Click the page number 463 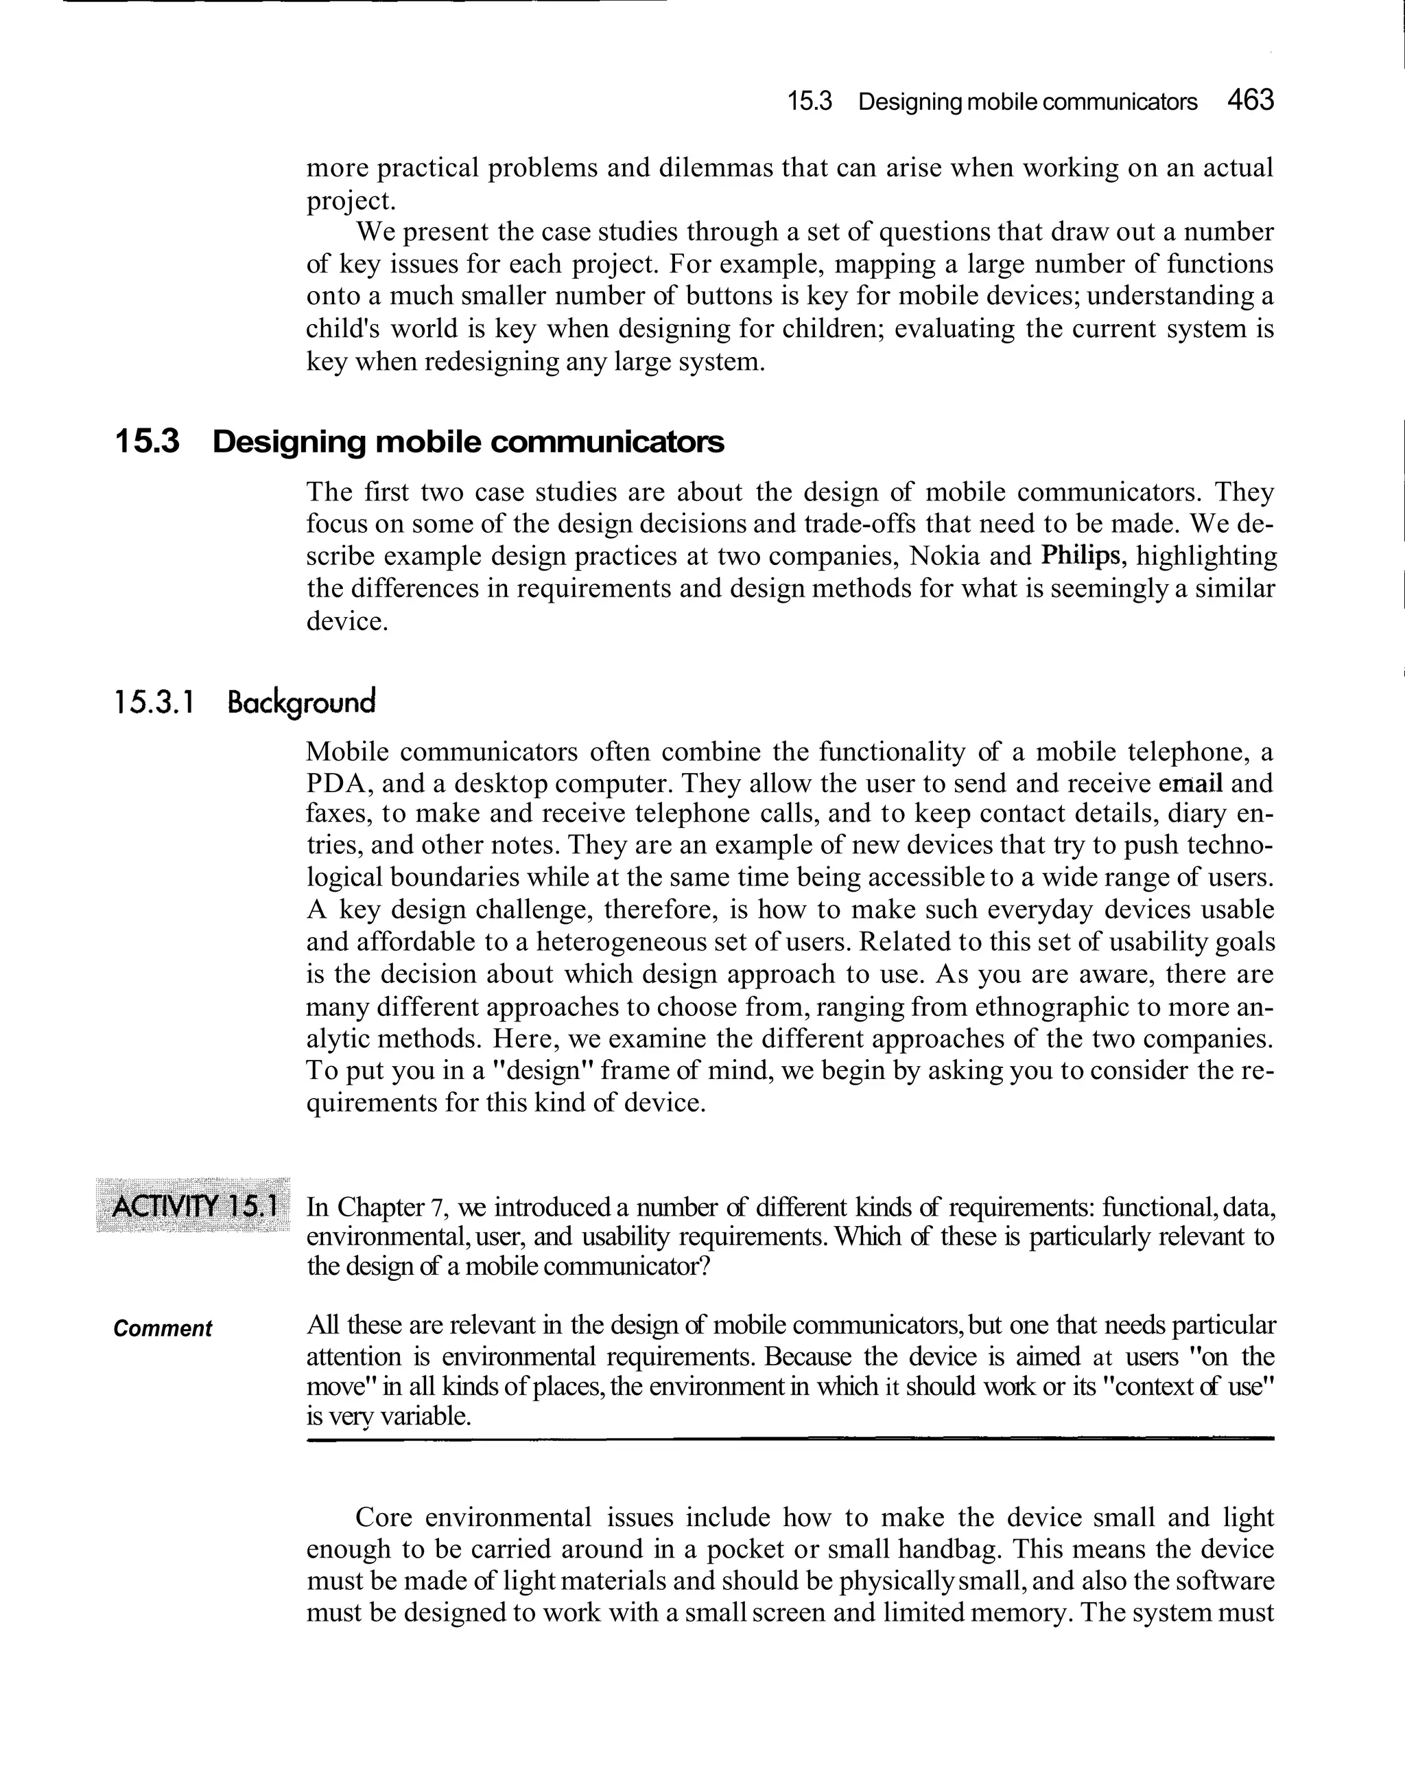point(1250,101)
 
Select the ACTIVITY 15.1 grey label point(193,1206)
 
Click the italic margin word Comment point(163,1328)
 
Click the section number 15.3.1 point(154,703)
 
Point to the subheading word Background point(301,703)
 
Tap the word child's point(340,329)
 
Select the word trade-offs point(857,524)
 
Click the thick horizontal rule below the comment point(789,1438)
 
